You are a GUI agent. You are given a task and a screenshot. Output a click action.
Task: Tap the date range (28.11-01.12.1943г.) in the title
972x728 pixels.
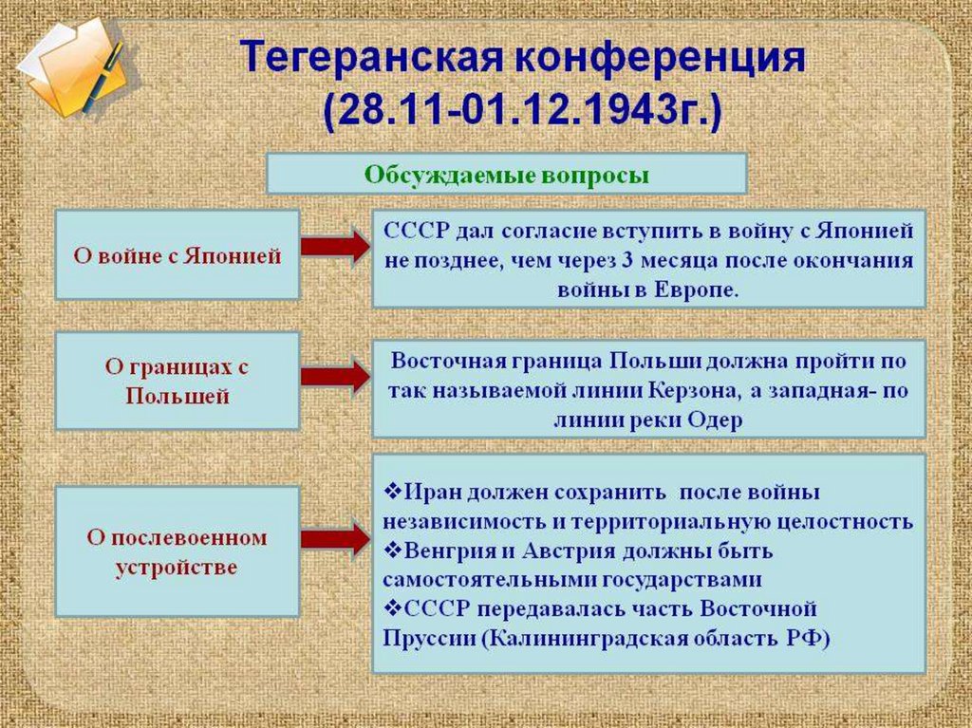coord(521,112)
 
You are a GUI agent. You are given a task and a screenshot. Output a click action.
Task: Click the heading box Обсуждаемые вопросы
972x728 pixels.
coord(506,175)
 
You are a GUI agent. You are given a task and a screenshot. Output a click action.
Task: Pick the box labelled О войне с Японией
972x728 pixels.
coord(178,255)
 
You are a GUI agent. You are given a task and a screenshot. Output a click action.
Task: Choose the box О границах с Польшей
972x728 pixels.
coord(178,381)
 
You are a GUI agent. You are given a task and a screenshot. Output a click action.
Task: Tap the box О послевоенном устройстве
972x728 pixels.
coord(178,551)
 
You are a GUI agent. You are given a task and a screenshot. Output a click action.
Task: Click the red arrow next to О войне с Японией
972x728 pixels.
coord(334,247)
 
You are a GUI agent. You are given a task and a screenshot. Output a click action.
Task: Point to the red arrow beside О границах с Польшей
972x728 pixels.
coord(334,377)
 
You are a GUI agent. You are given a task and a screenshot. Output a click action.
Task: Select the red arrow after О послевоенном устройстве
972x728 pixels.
coord(334,539)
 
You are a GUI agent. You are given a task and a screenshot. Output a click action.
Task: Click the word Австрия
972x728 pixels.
coord(572,551)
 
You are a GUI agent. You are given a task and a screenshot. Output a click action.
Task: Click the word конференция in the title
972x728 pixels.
coord(660,59)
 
